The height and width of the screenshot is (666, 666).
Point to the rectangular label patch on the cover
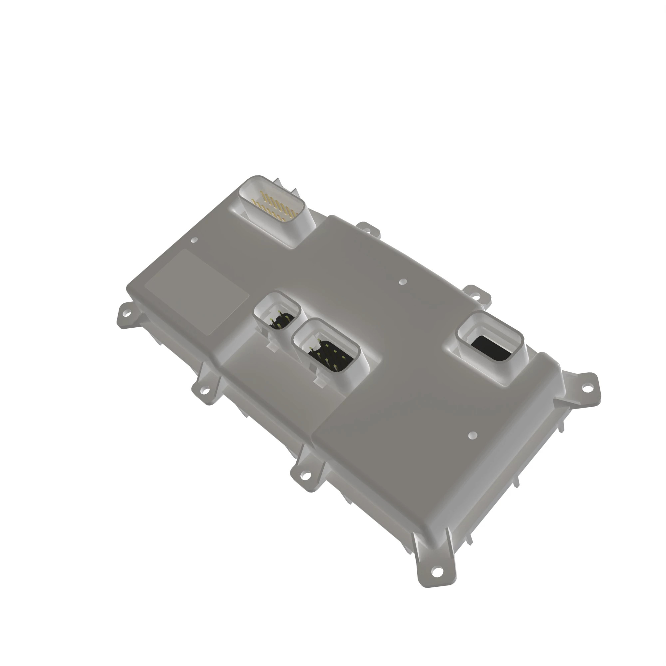[196, 292]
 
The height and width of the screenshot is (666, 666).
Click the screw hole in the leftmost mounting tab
[127, 314]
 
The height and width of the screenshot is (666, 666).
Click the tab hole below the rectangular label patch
[205, 391]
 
